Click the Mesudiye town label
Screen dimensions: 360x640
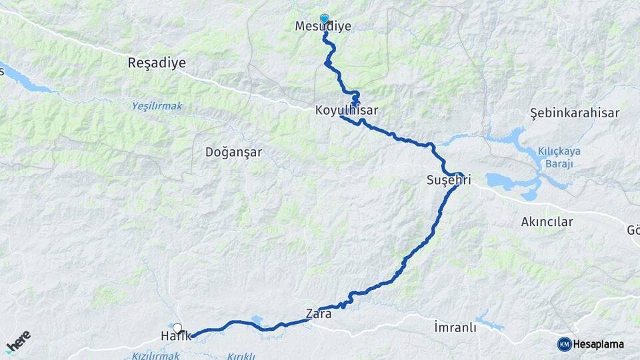[x=323, y=27]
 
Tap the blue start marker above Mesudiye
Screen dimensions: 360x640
[x=324, y=19]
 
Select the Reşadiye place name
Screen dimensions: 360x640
[x=157, y=63]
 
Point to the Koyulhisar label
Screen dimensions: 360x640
[x=342, y=111]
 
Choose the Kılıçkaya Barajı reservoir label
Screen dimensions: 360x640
[x=559, y=157]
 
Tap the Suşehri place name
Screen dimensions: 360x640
[x=449, y=180]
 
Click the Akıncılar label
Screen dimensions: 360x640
[x=547, y=222]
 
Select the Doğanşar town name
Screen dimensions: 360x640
[x=233, y=152]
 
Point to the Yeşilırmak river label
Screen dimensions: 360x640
[x=156, y=105]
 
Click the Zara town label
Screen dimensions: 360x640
[x=319, y=313]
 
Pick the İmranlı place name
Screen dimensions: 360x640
[x=455, y=327]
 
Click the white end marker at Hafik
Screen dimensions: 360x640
[x=177, y=327]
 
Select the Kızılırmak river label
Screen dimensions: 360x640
[x=156, y=355]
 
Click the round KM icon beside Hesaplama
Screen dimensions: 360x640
[x=564, y=344]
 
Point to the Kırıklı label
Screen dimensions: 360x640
[x=241, y=356]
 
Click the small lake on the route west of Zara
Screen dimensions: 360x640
[x=257, y=320]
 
